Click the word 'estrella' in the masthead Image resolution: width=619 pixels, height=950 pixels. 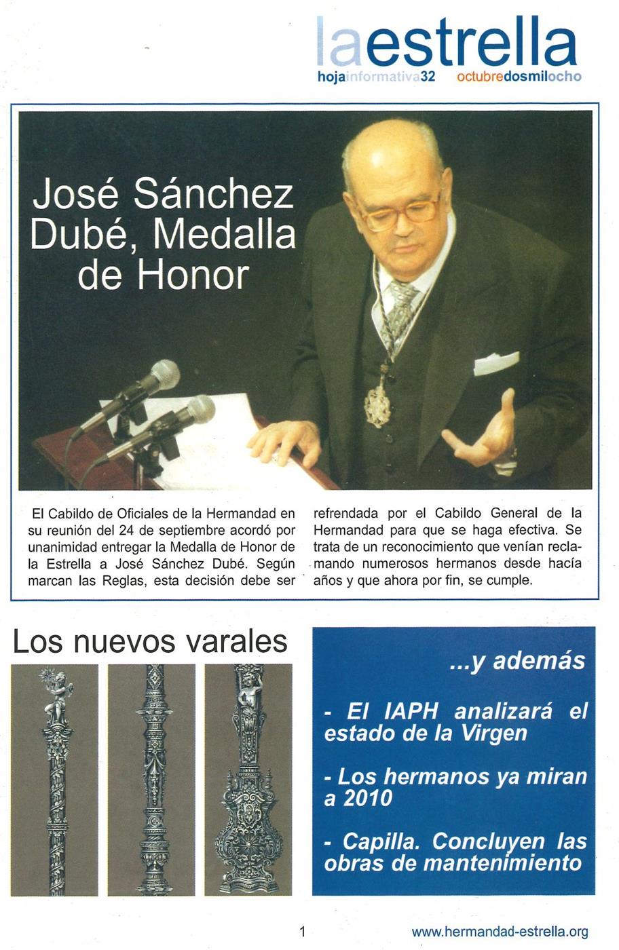coord(472,43)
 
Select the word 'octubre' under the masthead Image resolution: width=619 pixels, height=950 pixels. coord(480,77)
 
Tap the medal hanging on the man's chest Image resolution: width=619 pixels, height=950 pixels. coord(378,406)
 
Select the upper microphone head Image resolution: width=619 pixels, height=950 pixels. coord(164,375)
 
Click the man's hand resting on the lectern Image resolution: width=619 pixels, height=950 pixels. coord(285,442)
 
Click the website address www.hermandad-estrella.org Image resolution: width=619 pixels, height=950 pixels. coord(500,932)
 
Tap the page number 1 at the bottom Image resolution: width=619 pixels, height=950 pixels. coord(303,932)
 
